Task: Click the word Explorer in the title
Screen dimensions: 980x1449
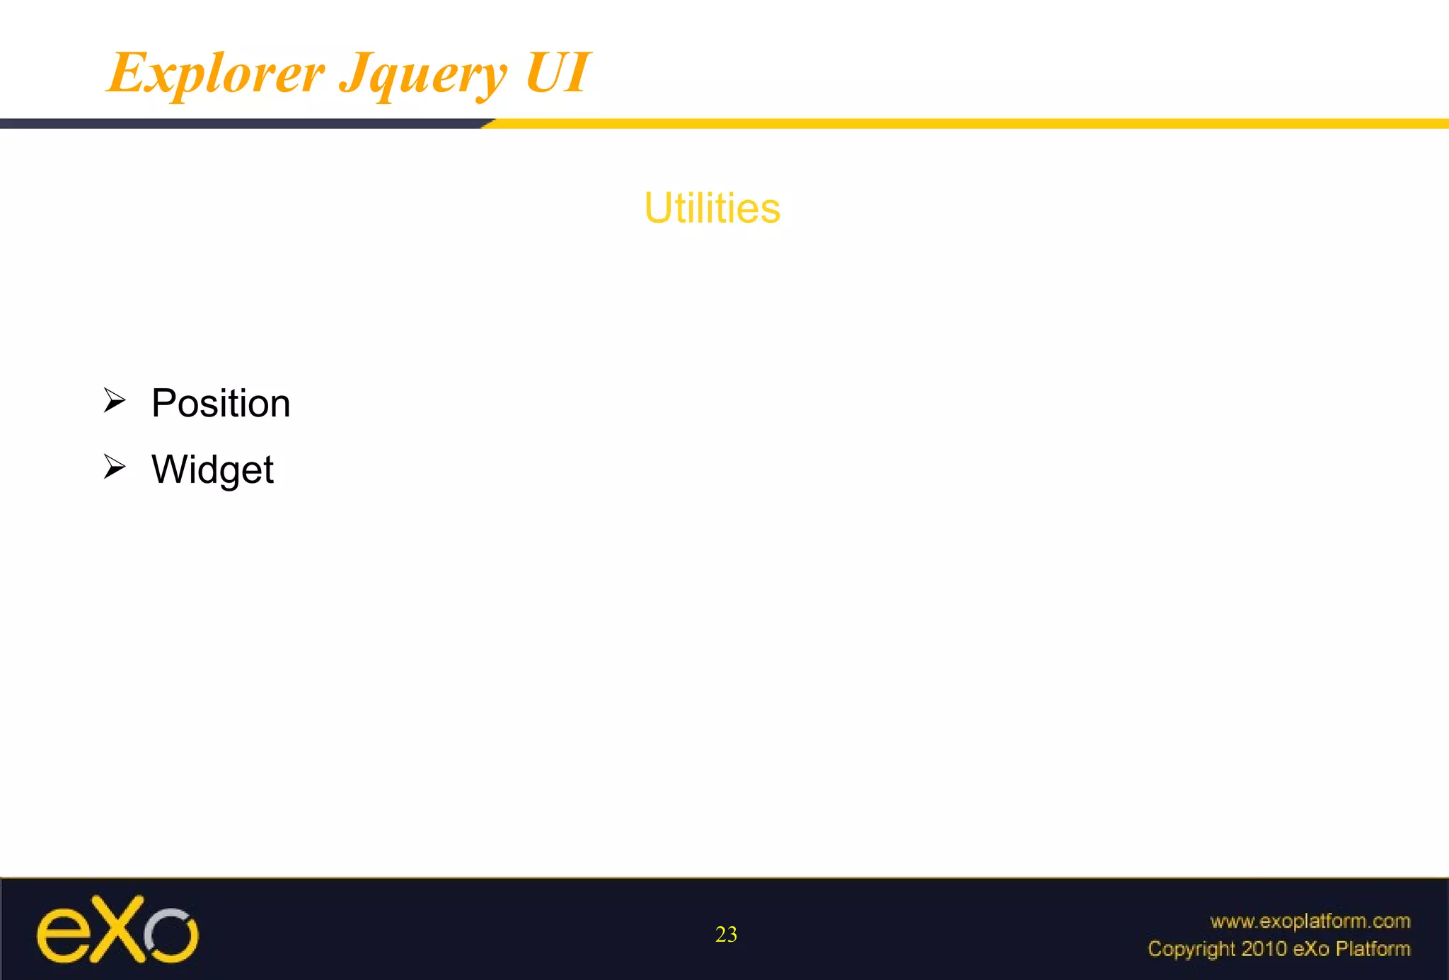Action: click(216, 73)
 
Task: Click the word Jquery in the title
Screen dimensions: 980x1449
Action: click(423, 75)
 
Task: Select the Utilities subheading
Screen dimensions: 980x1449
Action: click(712, 208)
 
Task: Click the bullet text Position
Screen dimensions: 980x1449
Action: click(221, 403)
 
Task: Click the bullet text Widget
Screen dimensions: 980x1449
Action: click(212, 469)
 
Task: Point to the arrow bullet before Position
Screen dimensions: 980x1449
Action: click(114, 400)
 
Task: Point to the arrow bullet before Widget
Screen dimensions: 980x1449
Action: click(114, 467)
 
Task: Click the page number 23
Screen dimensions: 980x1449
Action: click(726, 935)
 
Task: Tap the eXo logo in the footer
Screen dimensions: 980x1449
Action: click(117, 931)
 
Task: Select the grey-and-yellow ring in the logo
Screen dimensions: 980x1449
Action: click(171, 935)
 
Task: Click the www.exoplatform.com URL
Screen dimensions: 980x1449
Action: click(1310, 921)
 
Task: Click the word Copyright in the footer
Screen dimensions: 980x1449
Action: click(1191, 949)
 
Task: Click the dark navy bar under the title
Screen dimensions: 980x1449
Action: click(241, 124)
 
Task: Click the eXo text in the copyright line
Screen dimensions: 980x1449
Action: click(1310, 949)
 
